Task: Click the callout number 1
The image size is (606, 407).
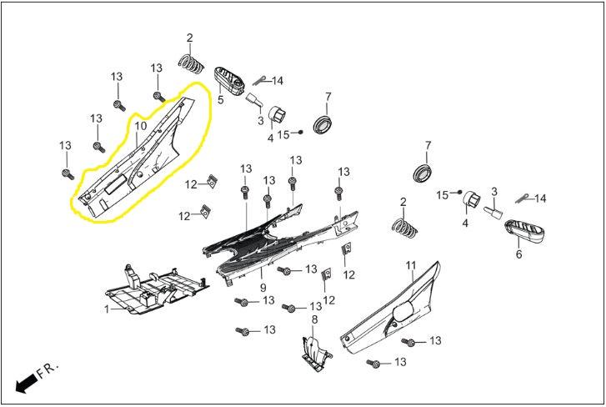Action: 107,309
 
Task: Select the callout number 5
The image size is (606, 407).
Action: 221,100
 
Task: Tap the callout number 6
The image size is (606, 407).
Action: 518,254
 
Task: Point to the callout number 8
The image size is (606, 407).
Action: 314,319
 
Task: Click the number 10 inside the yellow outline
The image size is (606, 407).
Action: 140,126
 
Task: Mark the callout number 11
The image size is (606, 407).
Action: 410,265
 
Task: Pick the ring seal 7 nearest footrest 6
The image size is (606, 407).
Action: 424,173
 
